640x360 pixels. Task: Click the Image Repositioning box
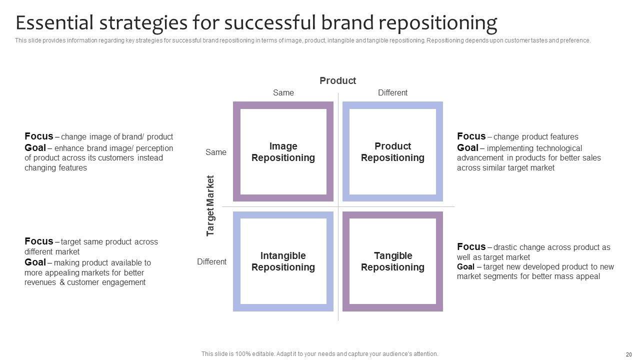click(x=283, y=152)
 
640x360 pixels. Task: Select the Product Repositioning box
click(x=392, y=152)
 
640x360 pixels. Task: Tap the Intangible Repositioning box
click(x=283, y=261)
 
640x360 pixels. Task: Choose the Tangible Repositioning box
click(x=392, y=261)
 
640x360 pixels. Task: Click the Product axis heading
click(x=337, y=80)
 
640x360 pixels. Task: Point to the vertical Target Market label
click(x=210, y=205)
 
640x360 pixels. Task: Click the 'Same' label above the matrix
click(x=283, y=92)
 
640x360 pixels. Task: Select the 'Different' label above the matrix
click(x=392, y=92)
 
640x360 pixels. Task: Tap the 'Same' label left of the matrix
click(x=216, y=152)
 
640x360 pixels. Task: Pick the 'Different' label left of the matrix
click(x=211, y=261)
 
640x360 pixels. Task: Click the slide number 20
click(x=628, y=354)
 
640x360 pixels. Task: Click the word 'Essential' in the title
click(x=54, y=23)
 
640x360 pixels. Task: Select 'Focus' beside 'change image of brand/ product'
click(x=38, y=136)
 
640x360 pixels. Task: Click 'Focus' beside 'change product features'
click(x=471, y=136)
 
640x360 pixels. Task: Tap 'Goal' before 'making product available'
click(x=35, y=262)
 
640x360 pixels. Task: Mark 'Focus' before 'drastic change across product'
click(x=471, y=246)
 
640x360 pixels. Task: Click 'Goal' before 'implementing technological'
click(x=467, y=147)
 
